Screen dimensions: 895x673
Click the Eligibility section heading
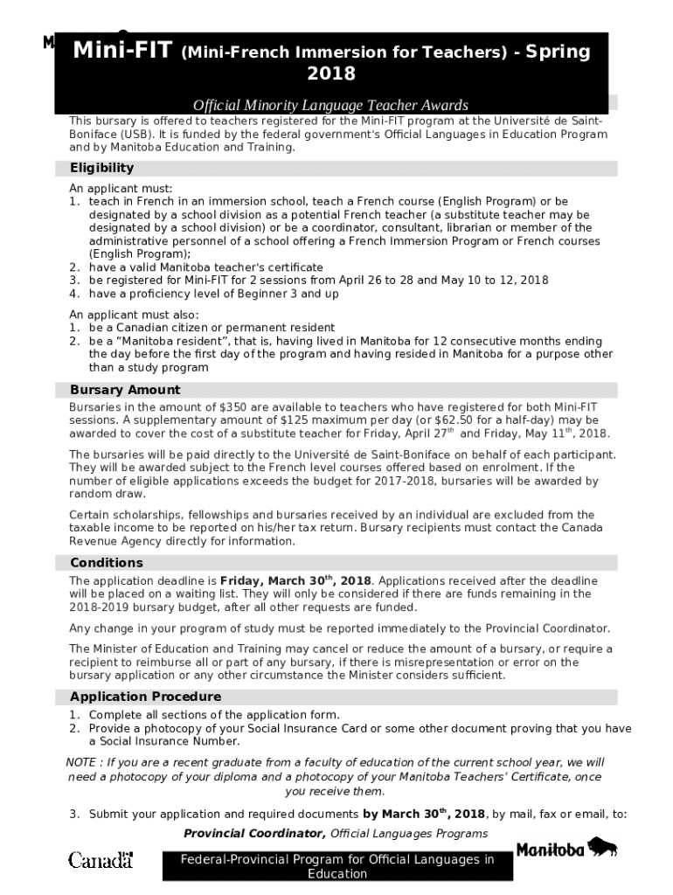[102, 168]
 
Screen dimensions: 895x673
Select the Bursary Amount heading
[125, 390]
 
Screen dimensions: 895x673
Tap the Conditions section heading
[107, 563]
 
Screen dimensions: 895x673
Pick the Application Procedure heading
[145, 697]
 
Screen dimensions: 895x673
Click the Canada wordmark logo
[101, 860]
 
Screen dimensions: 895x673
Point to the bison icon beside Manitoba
[602, 846]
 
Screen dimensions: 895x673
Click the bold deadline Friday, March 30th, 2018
[295, 580]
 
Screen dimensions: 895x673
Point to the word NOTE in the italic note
[82, 762]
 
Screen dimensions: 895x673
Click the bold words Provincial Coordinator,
[255, 833]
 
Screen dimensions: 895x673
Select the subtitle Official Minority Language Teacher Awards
[330, 105]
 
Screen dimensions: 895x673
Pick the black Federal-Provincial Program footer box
[336, 866]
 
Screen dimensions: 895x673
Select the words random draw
[101, 494]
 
